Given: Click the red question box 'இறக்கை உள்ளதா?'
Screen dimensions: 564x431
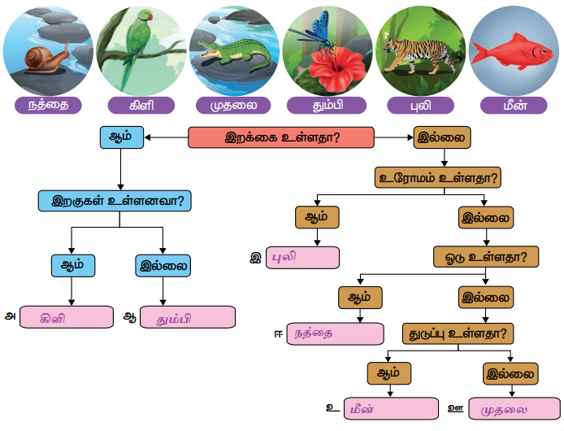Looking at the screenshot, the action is pyautogui.click(x=281, y=137).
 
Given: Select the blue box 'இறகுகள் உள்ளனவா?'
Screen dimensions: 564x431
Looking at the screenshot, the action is pyautogui.click(x=115, y=201).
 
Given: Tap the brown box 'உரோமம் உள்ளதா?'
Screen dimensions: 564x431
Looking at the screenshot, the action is pyautogui.click(x=438, y=177).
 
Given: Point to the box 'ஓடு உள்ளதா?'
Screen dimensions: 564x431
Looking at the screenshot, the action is pyautogui.click(x=486, y=257).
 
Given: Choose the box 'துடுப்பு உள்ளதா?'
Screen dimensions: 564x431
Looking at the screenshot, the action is pyautogui.click(x=458, y=333).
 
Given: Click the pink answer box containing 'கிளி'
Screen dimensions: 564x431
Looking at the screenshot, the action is pyautogui.click(x=67, y=317).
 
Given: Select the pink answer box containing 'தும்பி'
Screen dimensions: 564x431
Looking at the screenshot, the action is pyautogui.click(x=188, y=317).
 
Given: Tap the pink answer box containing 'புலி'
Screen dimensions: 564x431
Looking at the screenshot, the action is pyautogui.click(x=302, y=258).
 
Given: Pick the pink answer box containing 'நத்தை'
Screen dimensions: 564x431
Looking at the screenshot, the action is pyautogui.click(x=336, y=333).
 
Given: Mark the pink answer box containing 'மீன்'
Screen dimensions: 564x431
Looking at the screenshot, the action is pyautogui.click(x=391, y=409).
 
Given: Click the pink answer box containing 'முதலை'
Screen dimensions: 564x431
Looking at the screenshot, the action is pyautogui.click(x=514, y=409).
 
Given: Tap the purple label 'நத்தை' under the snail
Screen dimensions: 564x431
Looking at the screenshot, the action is pyautogui.click(x=48, y=106).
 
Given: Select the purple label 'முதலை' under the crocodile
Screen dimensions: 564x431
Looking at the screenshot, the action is pyautogui.click(x=233, y=106).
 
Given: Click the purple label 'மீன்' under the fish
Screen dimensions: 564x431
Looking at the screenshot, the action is pyautogui.click(x=514, y=106).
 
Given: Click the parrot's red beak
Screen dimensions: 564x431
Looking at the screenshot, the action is pyautogui.click(x=150, y=16).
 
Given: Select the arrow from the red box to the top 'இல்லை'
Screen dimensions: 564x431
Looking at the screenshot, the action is pyautogui.click(x=394, y=137).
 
